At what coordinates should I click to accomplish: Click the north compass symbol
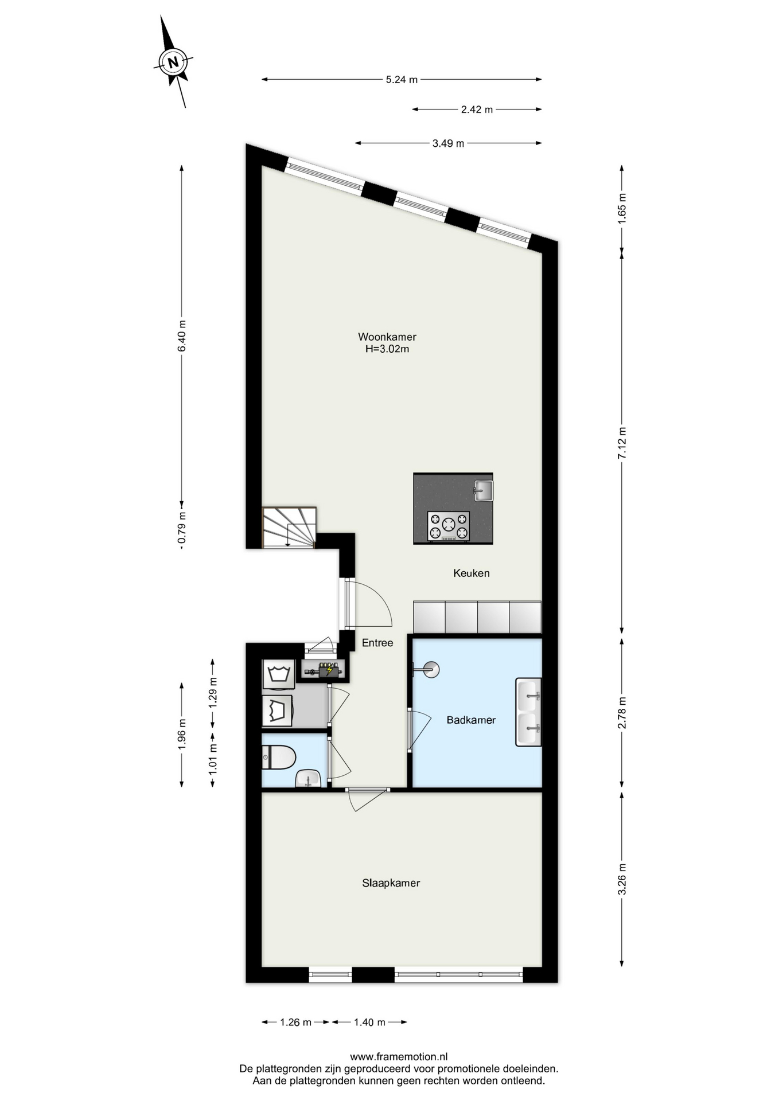(173, 61)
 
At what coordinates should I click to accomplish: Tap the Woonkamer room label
(387, 337)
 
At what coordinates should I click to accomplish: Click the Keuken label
(472, 573)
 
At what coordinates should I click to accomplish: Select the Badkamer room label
(471, 720)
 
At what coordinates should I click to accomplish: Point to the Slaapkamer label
(391, 883)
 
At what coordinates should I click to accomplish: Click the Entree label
(377, 643)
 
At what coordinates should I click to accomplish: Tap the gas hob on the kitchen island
(449, 526)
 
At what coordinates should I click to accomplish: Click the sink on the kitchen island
(483, 491)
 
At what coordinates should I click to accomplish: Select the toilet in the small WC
(278, 758)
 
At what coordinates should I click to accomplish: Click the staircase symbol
(289, 528)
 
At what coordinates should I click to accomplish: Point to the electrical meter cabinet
(324, 669)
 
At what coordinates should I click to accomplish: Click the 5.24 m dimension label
(402, 80)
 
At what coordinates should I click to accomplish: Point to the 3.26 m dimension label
(622, 879)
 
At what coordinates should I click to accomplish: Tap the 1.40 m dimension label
(370, 1022)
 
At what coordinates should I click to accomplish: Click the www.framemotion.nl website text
(399, 1056)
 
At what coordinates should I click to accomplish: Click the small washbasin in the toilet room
(309, 779)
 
